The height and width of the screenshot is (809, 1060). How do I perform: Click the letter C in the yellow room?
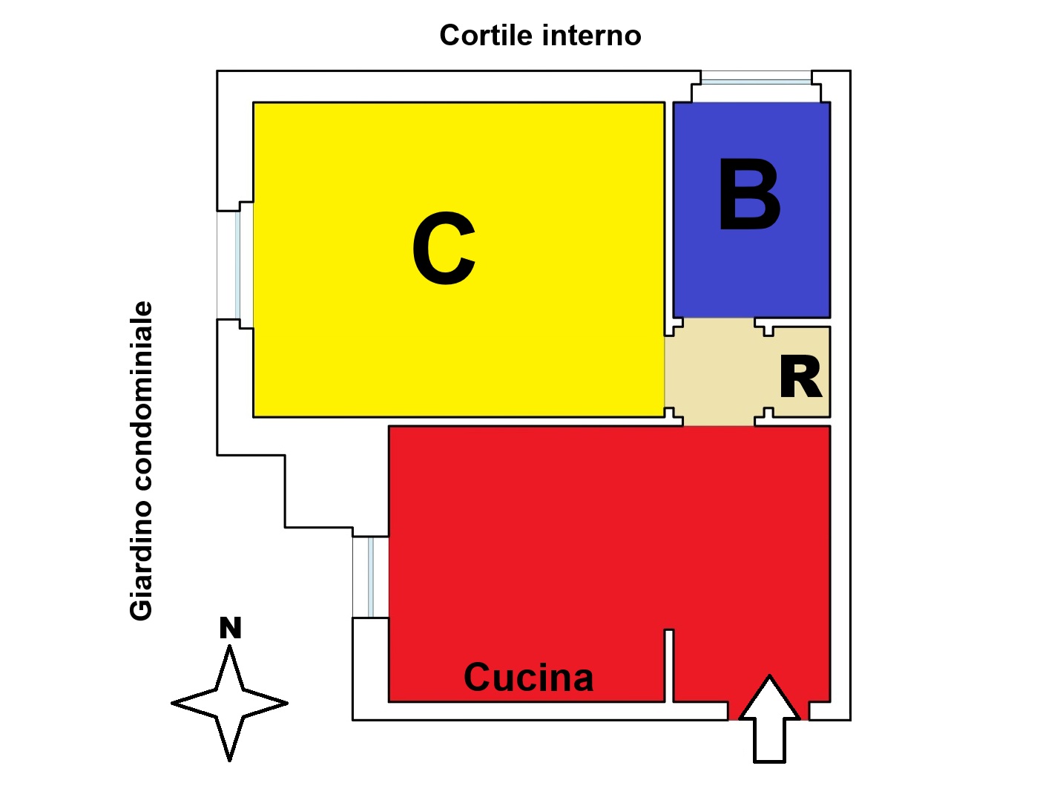pyautogui.click(x=444, y=249)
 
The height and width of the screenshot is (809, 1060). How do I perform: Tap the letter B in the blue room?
pyautogui.click(x=749, y=197)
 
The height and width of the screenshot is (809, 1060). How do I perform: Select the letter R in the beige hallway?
pyautogui.click(x=800, y=378)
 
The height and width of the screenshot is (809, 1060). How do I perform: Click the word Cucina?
pyautogui.click(x=528, y=678)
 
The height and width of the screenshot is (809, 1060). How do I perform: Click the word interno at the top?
pyautogui.click(x=591, y=36)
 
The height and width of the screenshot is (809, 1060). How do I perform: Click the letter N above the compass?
pyautogui.click(x=230, y=629)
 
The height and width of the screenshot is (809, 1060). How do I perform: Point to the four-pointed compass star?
pyautogui.click(x=229, y=703)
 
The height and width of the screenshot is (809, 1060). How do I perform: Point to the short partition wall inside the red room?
pyautogui.click(x=668, y=665)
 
